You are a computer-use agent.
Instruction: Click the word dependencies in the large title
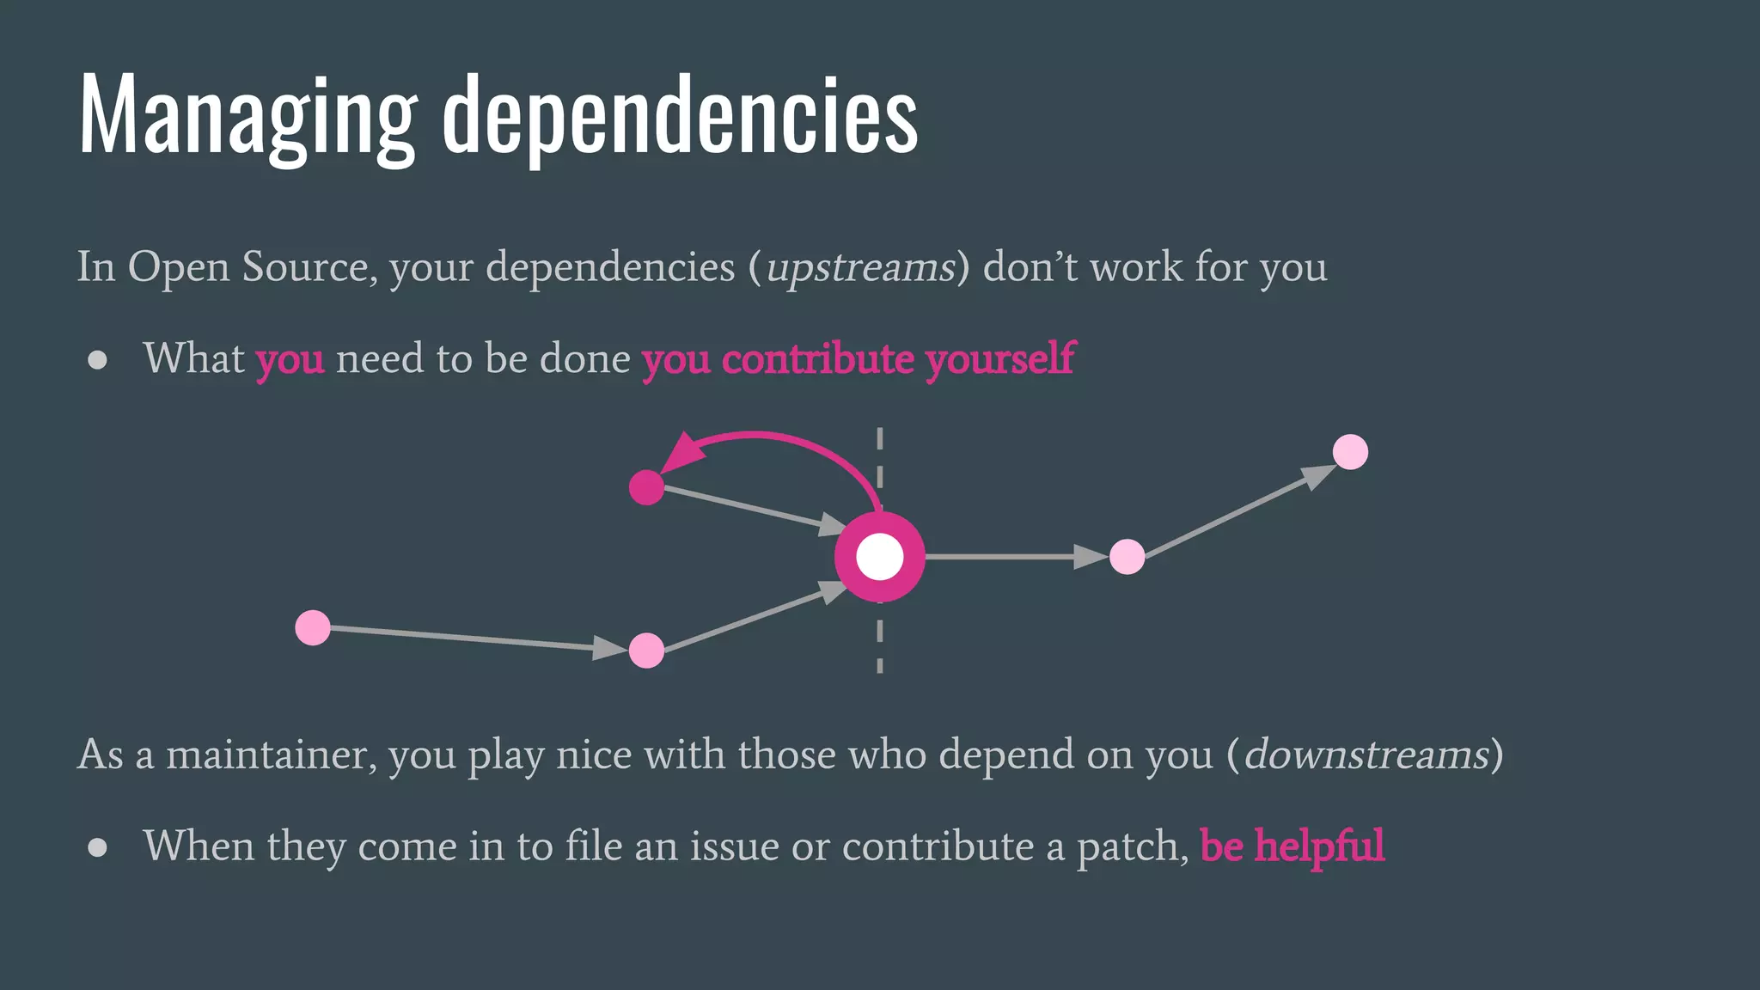(x=680, y=116)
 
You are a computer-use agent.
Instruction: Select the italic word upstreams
(x=860, y=267)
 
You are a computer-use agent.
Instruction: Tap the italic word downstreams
(x=1366, y=755)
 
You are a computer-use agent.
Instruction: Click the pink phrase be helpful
(x=1292, y=846)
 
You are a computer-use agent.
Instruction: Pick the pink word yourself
(x=999, y=358)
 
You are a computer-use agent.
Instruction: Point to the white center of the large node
(x=880, y=557)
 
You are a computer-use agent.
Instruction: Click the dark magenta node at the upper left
(x=646, y=487)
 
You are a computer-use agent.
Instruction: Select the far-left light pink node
(x=313, y=627)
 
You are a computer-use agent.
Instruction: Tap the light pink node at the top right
(x=1350, y=452)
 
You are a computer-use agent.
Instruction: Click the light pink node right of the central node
(x=1127, y=557)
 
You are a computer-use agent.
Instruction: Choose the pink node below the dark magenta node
(x=646, y=651)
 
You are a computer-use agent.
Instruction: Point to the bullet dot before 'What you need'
(x=98, y=359)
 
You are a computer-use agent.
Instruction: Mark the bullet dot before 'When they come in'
(x=98, y=847)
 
